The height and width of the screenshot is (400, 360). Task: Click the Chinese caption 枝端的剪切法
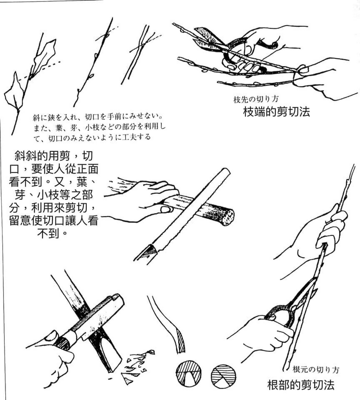tap(276, 112)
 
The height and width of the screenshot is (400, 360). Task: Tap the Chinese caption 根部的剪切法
tap(301, 384)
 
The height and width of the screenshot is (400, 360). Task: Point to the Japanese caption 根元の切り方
tap(316, 370)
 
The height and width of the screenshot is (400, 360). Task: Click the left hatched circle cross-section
tap(188, 374)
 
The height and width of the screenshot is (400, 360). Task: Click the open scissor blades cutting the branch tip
tap(208, 39)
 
